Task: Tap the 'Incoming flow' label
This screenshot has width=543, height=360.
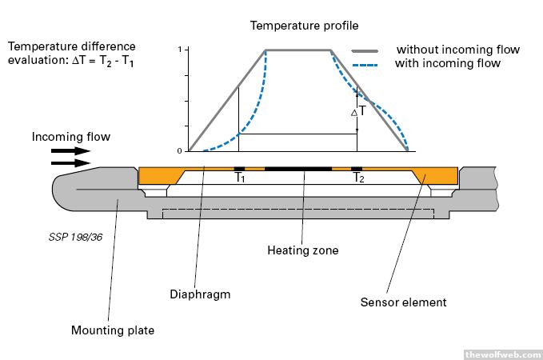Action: tap(71, 137)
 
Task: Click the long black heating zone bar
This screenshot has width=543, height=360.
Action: tap(297, 169)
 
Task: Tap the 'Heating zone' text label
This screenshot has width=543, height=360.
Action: tap(302, 250)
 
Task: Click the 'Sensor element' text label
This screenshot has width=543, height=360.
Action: tap(403, 302)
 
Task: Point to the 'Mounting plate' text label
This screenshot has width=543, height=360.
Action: tap(112, 330)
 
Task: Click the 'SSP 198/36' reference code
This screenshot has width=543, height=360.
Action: tap(70, 238)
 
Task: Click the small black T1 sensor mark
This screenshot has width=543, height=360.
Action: tap(239, 169)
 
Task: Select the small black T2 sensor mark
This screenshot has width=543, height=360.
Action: tap(357, 169)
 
